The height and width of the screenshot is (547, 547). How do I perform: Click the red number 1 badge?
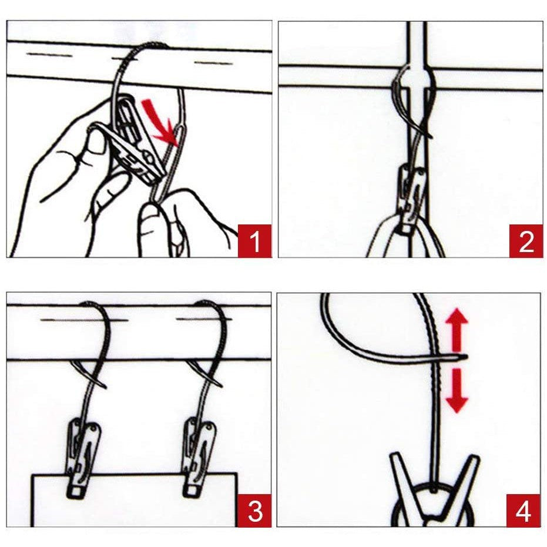(254, 241)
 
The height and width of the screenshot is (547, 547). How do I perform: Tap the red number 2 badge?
(526, 241)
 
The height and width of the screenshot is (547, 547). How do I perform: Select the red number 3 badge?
(254, 511)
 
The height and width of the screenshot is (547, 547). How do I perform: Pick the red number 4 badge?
(523, 511)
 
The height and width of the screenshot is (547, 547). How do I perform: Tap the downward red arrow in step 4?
(457, 390)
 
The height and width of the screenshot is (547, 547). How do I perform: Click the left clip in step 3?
(83, 457)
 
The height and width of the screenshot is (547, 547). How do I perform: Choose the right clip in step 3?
(198, 457)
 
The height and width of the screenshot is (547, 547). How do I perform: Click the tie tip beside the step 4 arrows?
(466, 356)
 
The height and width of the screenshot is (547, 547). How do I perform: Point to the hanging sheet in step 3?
(135, 499)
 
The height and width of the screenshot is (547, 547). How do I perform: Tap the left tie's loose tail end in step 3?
(105, 386)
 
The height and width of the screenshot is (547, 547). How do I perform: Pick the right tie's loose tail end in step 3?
(220, 385)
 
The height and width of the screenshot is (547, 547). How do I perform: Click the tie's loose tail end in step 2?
(432, 137)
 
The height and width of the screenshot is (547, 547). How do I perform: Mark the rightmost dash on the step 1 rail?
(213, 63)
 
